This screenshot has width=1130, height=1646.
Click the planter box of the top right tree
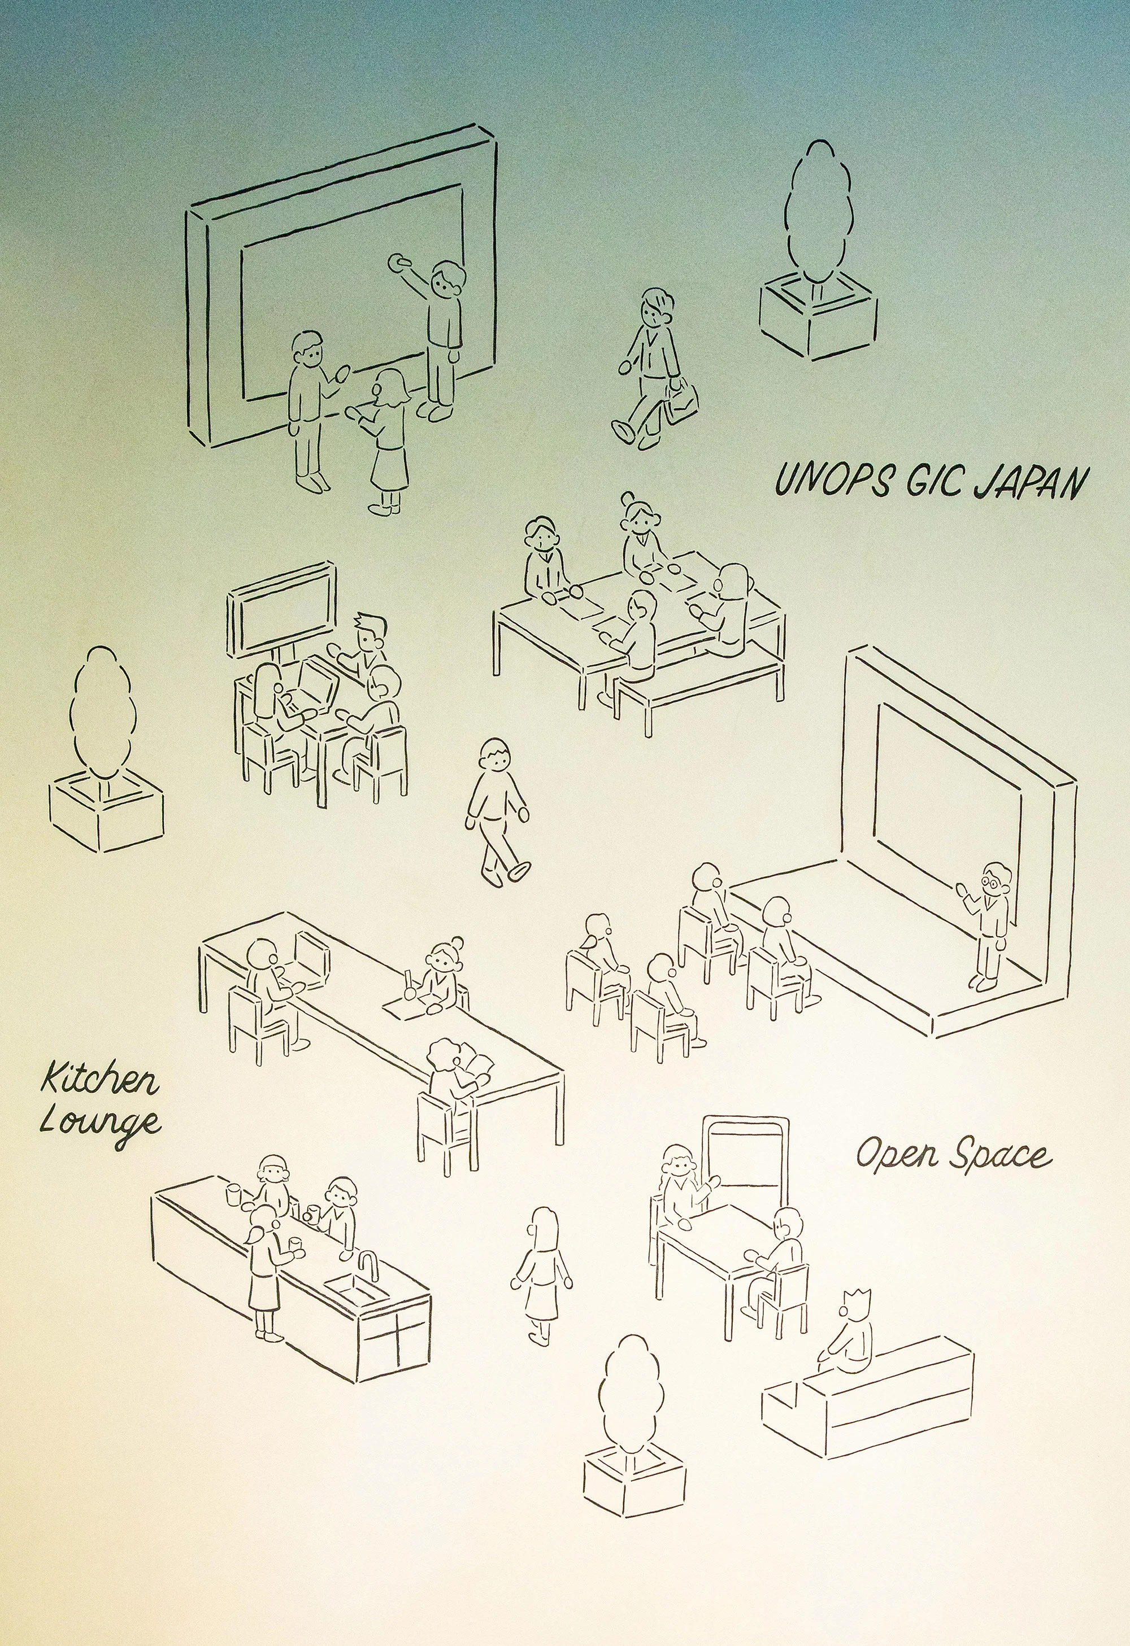click(818, 318)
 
